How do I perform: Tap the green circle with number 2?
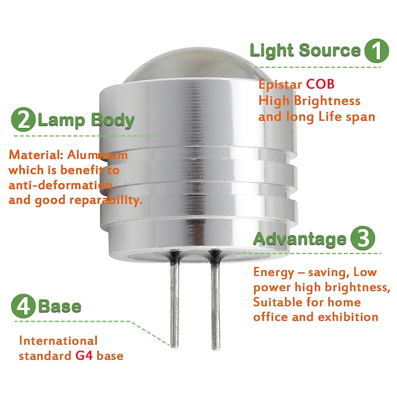click(24, 120)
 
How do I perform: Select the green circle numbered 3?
click(363, 239)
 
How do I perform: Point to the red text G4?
click(83, 356)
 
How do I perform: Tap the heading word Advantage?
click(300, 239)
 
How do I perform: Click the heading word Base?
click(60, 306)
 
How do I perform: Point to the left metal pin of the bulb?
click(175, 303)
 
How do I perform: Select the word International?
click(58, 341)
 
